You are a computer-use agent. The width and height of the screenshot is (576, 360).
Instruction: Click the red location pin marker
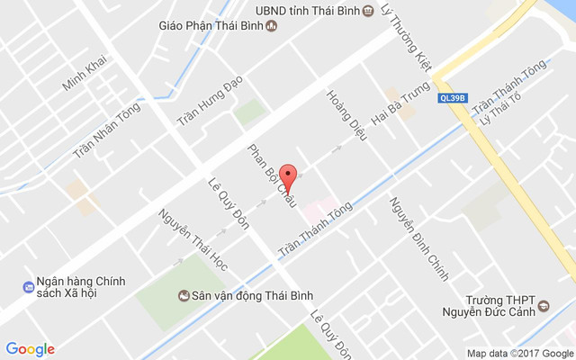tap(288, 175)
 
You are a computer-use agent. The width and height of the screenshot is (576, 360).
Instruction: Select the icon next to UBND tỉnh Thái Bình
tap(368, 11)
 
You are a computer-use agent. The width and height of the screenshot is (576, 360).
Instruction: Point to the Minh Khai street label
tap(85, 71)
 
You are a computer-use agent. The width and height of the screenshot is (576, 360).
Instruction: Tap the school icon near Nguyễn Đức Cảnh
tap(544, 309)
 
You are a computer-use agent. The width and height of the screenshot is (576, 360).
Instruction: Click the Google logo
tap(30, 349)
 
